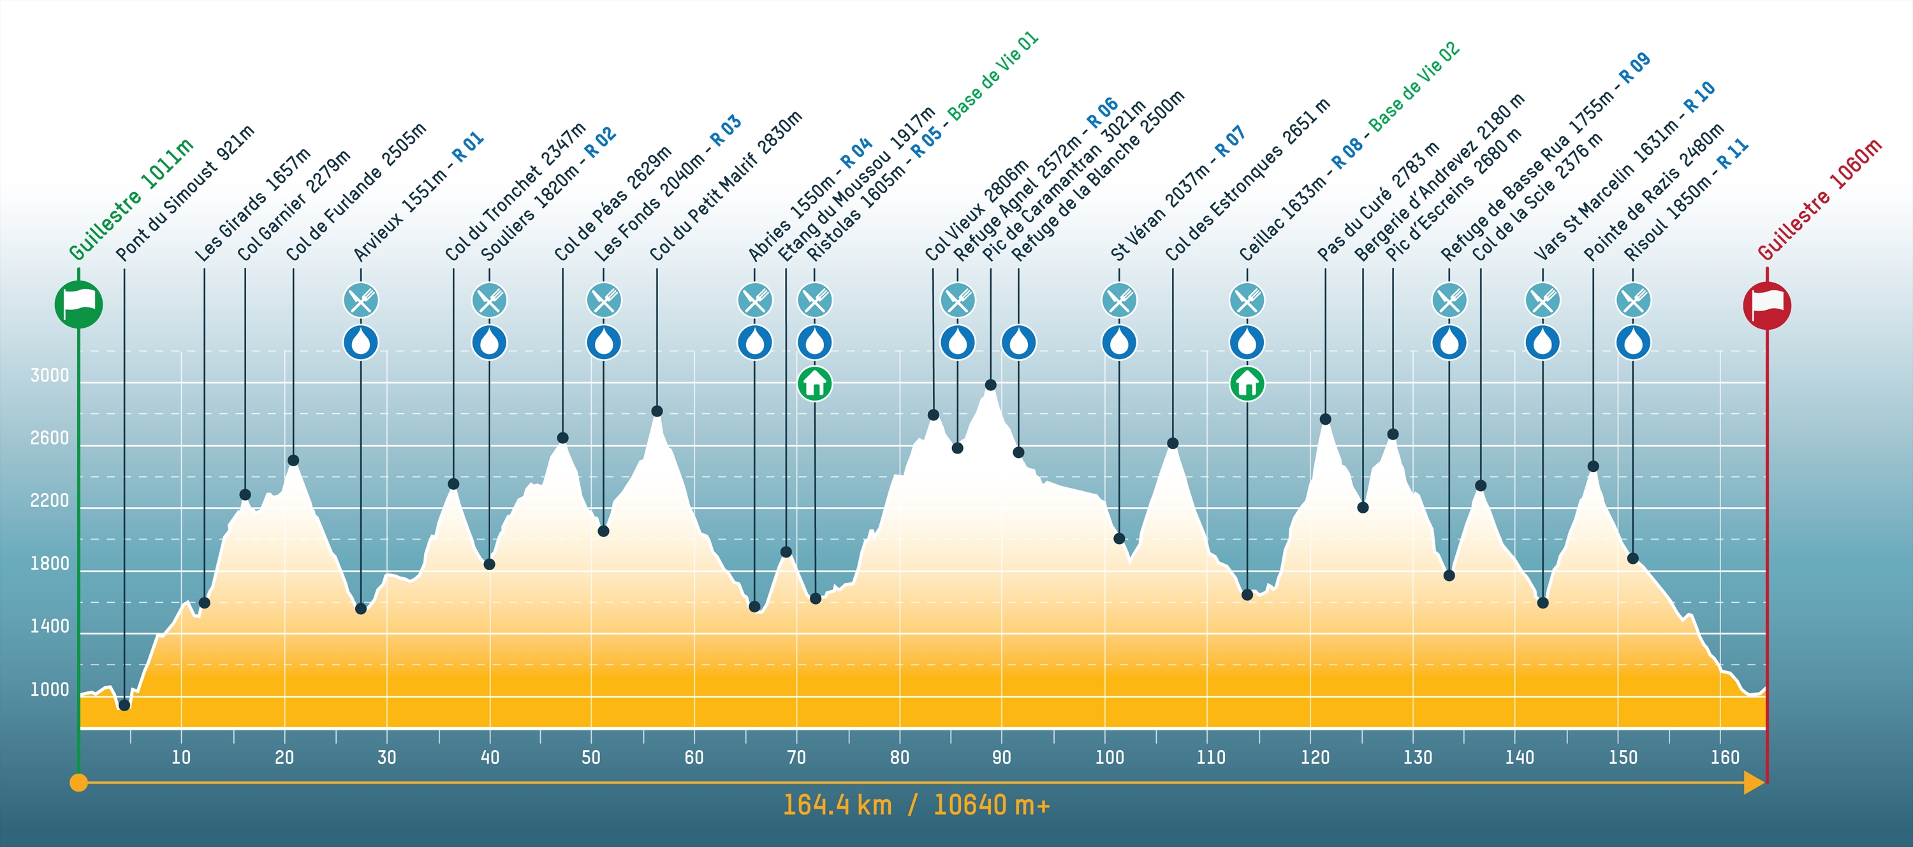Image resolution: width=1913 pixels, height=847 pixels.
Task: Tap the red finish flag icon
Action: point(1767,306)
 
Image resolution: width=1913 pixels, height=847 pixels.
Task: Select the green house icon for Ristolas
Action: point(815,383)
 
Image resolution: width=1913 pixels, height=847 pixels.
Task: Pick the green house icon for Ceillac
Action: point(1247,383)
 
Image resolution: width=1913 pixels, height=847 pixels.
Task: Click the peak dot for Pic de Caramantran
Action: point(990,385)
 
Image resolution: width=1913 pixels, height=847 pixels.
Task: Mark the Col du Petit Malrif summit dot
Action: point(657,411)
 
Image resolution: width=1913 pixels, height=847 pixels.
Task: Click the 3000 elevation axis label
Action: point(49,375)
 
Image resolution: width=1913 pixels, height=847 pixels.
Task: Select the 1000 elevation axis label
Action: point(49,689)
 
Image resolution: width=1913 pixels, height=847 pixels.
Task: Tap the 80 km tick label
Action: point(899,757)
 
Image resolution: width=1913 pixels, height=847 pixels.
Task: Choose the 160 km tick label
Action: point(1724,757)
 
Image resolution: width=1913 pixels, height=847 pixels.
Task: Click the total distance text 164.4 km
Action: point(837,806)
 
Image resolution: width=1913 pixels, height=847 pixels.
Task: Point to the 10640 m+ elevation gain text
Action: point(992,806)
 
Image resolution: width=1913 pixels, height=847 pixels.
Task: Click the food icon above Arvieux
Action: point(361,301)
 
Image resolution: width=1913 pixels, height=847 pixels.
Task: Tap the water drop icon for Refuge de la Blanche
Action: point(1019,342)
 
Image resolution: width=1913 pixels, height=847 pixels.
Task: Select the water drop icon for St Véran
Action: point(1119,342)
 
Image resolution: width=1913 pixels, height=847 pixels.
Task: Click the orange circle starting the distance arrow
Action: point(78,783)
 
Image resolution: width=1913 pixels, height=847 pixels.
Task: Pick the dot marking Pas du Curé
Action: point(1325,420)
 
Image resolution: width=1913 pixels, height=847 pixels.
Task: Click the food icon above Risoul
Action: point(1633,301)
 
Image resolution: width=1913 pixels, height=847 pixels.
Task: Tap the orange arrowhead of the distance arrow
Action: point(1754,783)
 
